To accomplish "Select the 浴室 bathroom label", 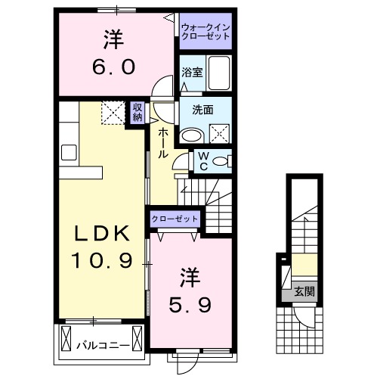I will click(x=191, y=73).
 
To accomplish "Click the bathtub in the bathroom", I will click(x=220, y=73).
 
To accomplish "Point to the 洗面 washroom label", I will click(x=203, y=110).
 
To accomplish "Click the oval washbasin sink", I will click(x=193, y=135).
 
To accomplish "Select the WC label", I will click(x=203, y=160).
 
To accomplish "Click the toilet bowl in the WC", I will click(x=220, y=160).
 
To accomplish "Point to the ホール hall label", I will click(x=162, y=141).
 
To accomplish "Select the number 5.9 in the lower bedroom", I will click(x=190, y=304).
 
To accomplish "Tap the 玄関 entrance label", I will click(x=304, y=290).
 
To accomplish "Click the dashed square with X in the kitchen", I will click(x=112, y=113).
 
